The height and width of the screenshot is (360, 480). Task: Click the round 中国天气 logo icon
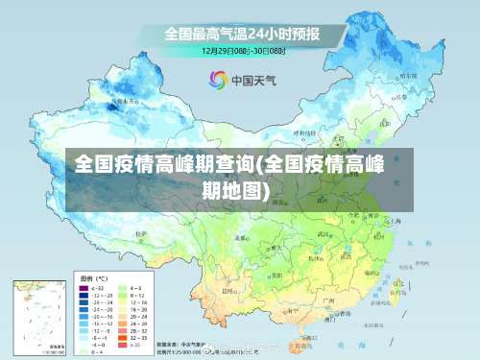(216, 80)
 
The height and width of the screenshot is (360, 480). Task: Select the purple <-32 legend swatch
(84, 288)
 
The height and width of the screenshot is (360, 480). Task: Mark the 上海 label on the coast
(396, 221)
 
